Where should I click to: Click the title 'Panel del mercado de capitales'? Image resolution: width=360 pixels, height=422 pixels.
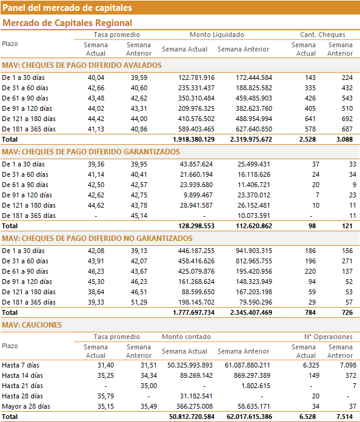pos(67,7)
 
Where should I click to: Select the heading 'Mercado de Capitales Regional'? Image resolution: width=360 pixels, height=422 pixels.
pos(67,23)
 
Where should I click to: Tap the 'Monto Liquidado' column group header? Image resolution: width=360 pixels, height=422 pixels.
pos(217,35)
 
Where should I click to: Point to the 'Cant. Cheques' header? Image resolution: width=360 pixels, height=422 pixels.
pos(322,35)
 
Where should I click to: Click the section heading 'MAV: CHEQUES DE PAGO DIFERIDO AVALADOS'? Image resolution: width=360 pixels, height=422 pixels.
pos(82,65)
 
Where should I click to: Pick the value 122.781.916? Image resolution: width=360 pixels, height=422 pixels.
pos(196,77)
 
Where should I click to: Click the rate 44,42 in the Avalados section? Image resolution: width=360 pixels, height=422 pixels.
pos(96,119)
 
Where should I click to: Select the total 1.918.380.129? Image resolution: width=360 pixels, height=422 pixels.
pos(194,139)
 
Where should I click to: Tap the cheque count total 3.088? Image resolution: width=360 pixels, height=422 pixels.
pos(344,139)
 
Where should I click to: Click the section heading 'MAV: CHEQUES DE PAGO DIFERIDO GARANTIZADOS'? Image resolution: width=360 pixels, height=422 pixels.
pos(91,152)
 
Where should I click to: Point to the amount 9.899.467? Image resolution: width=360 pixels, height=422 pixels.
pos(198,195)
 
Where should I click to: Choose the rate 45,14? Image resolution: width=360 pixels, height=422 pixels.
pos(139,216)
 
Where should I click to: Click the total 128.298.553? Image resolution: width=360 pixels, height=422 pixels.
pos(196,226)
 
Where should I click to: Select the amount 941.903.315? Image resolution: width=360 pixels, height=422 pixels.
pos(254,251)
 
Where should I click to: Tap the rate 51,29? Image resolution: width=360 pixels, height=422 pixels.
pos(139,302)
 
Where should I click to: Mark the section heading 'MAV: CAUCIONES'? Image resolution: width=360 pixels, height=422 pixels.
pos(32,325)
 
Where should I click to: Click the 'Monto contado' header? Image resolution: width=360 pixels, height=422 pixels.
pos(186,337)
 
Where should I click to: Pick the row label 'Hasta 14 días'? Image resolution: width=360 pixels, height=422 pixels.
pos(22,375)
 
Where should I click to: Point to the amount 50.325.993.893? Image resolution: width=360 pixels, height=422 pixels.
pos(190,365)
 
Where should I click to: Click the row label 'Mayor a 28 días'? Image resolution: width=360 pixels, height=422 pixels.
pos(26,406)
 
